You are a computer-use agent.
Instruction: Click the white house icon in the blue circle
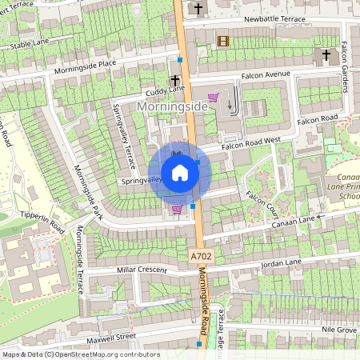tap(180, 173)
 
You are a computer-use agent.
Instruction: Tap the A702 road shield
tap(202, 256)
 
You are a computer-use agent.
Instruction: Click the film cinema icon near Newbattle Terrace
tap(222, 41)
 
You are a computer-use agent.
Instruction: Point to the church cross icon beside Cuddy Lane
tap(175, 81)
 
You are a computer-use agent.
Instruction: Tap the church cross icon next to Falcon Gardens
tap(326, 56)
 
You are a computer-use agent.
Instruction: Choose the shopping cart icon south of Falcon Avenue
tap(214, 98)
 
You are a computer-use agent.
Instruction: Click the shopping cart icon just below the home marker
tap(177, 210)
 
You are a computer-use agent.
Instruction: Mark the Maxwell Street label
tap(114, 338)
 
